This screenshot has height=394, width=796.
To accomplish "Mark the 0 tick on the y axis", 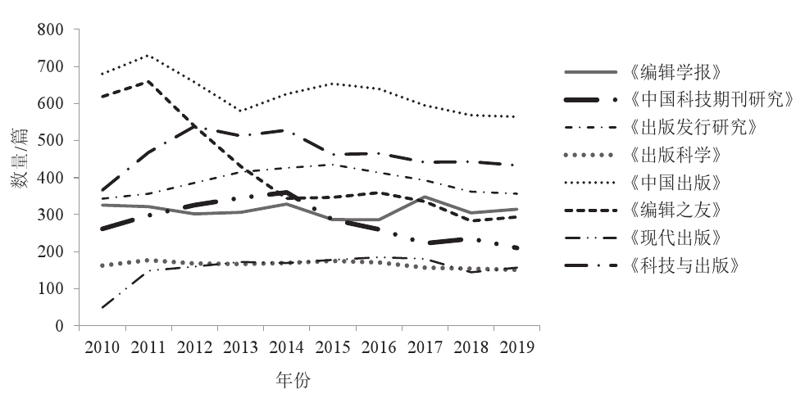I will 59,326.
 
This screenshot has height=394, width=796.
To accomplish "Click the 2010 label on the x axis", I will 101,346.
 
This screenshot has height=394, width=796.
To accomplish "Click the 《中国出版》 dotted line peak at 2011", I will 148,56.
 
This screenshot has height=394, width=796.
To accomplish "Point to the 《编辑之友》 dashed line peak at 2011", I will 148,81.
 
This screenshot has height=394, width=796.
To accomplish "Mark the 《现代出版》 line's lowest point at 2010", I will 102,307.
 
